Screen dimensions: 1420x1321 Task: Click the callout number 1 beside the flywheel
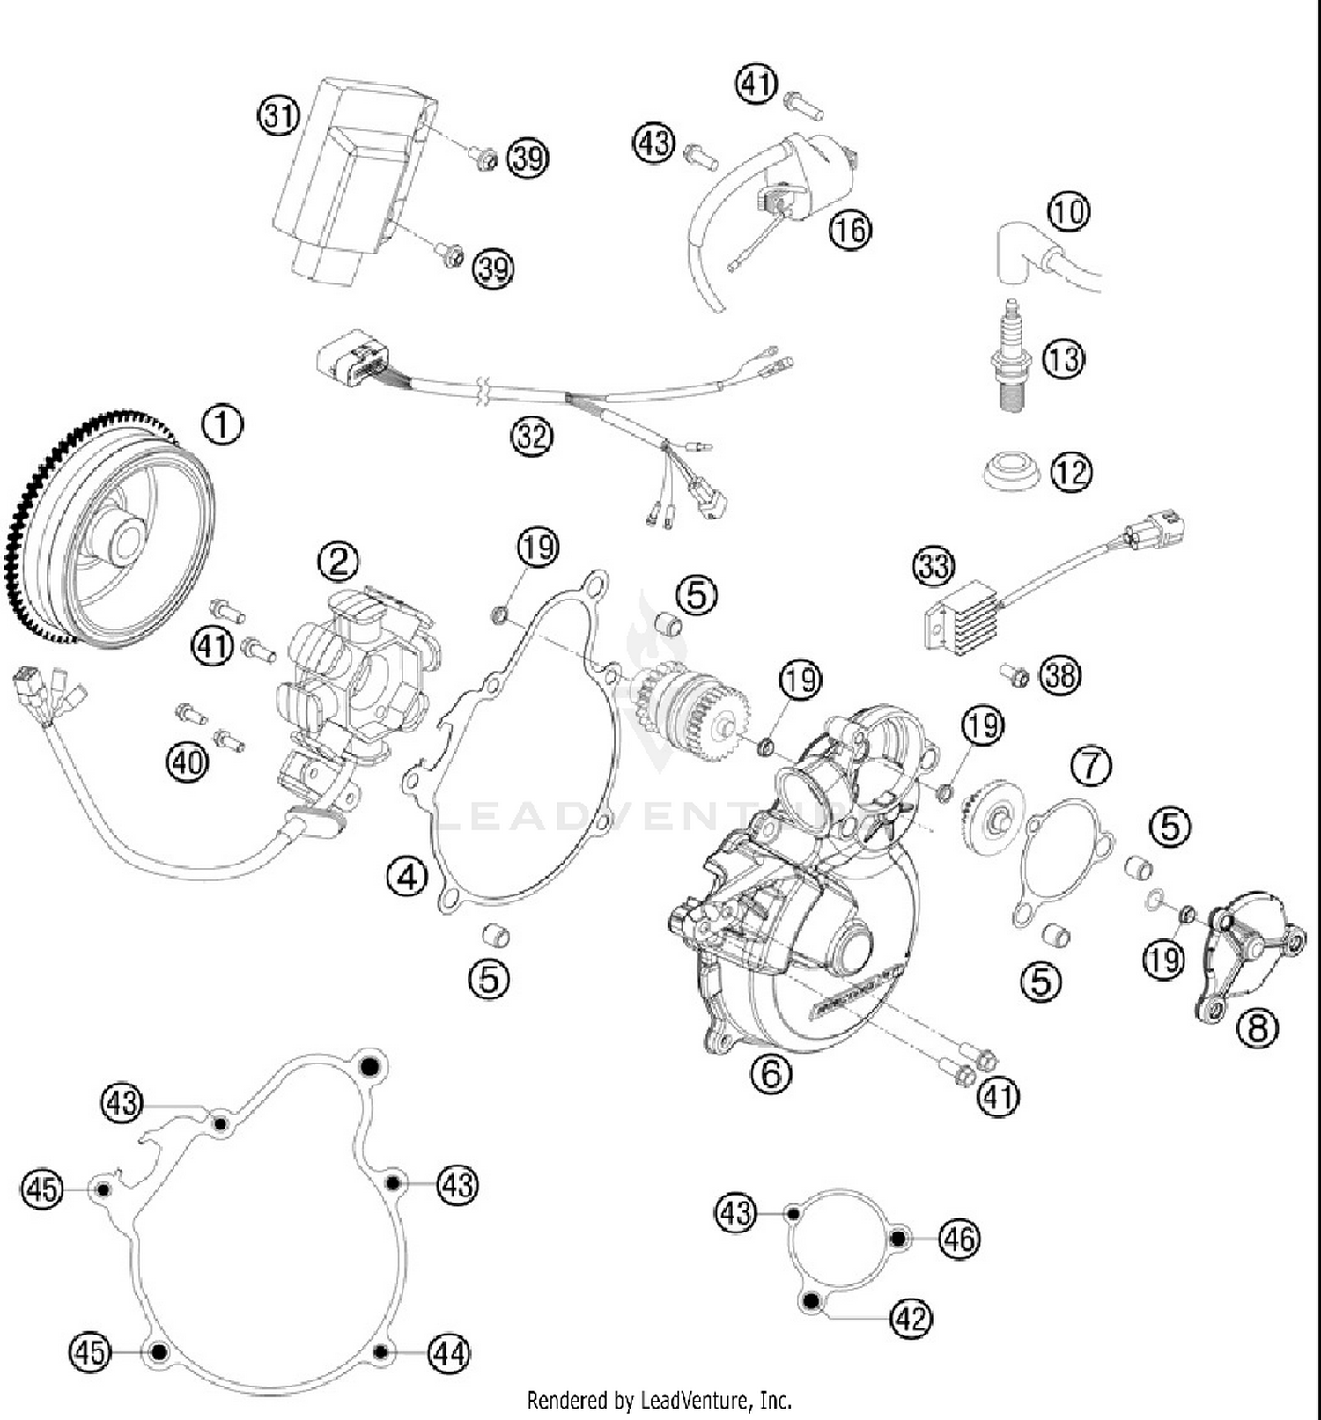(223, 424)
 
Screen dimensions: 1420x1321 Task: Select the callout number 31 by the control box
(278, 115)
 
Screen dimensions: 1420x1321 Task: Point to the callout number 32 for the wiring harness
(532, 436)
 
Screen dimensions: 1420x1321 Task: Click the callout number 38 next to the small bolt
(1059, 675)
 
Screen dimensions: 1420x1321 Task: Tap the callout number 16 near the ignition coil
(850, 230)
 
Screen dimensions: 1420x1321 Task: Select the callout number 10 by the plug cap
(1068, 211)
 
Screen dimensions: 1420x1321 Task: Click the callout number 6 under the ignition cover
(771, 1073)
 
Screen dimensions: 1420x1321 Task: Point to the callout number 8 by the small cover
(1257, 1027)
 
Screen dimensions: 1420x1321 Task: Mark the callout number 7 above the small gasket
(1091, 765)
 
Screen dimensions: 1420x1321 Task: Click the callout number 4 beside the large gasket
(407, 877)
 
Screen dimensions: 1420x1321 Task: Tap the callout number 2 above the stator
(339, 561)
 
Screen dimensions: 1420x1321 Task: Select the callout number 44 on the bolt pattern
(449, 1352)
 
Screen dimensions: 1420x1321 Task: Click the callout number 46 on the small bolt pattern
(959, 1240)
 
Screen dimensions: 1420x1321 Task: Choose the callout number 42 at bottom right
(911, 1319)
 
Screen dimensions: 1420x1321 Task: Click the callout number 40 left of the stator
(187, 762)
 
